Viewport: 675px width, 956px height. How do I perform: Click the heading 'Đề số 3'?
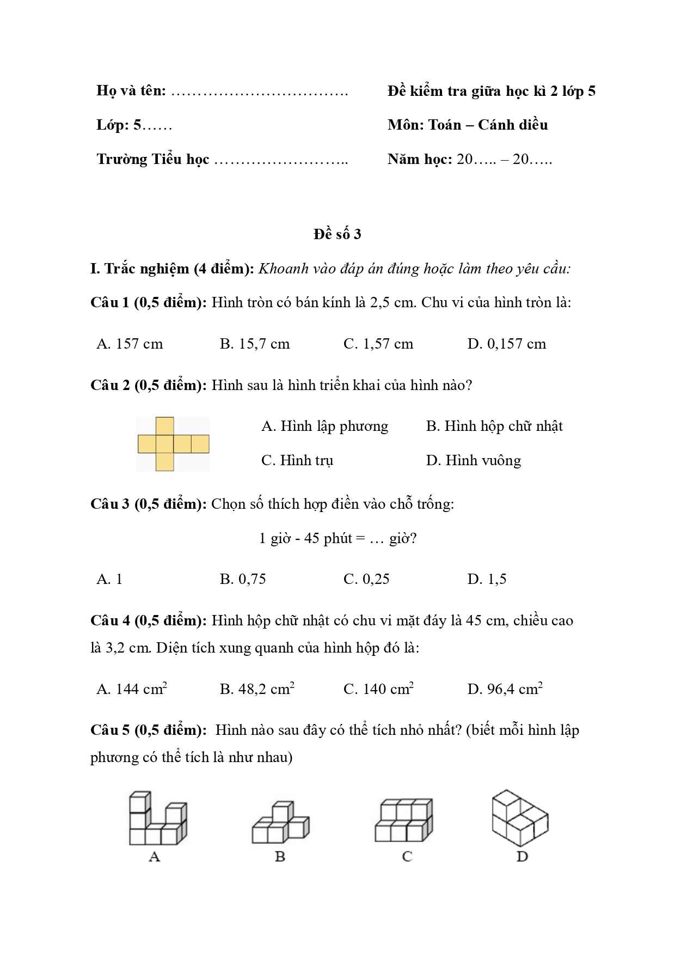coord(337,234)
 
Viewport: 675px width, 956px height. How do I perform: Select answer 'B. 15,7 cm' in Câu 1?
coord(255,344)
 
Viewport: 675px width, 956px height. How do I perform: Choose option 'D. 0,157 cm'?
coord(506,344)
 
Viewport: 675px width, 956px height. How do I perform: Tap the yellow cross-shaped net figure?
coord(173,444)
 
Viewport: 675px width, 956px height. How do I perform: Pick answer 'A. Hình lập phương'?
coord(324,426)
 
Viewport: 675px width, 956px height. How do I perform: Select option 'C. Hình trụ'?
coord(297,460)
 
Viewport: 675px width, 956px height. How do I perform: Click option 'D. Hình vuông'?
coord(473,460)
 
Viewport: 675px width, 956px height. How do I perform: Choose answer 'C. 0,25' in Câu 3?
coord(366,579)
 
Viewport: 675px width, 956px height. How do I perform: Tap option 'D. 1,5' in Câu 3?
coord(487,579)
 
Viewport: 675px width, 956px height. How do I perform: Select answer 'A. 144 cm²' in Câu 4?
coord(132,689)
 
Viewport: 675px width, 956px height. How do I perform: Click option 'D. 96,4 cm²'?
coord(505,689)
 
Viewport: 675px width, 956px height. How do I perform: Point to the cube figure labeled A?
coord(157,819)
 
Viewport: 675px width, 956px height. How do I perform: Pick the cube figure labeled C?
coord(404,820)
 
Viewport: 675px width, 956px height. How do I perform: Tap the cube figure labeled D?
coord(520,818)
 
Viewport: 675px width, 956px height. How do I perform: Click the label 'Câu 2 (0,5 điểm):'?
coord(149,385)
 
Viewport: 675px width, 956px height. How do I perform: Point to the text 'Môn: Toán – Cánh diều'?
coord(468,125)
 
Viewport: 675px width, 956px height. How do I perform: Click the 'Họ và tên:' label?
coord(131,90)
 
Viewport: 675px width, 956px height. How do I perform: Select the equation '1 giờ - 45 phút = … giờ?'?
coord(337,538)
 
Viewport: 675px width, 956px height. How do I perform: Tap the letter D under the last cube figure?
coord(522,857)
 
